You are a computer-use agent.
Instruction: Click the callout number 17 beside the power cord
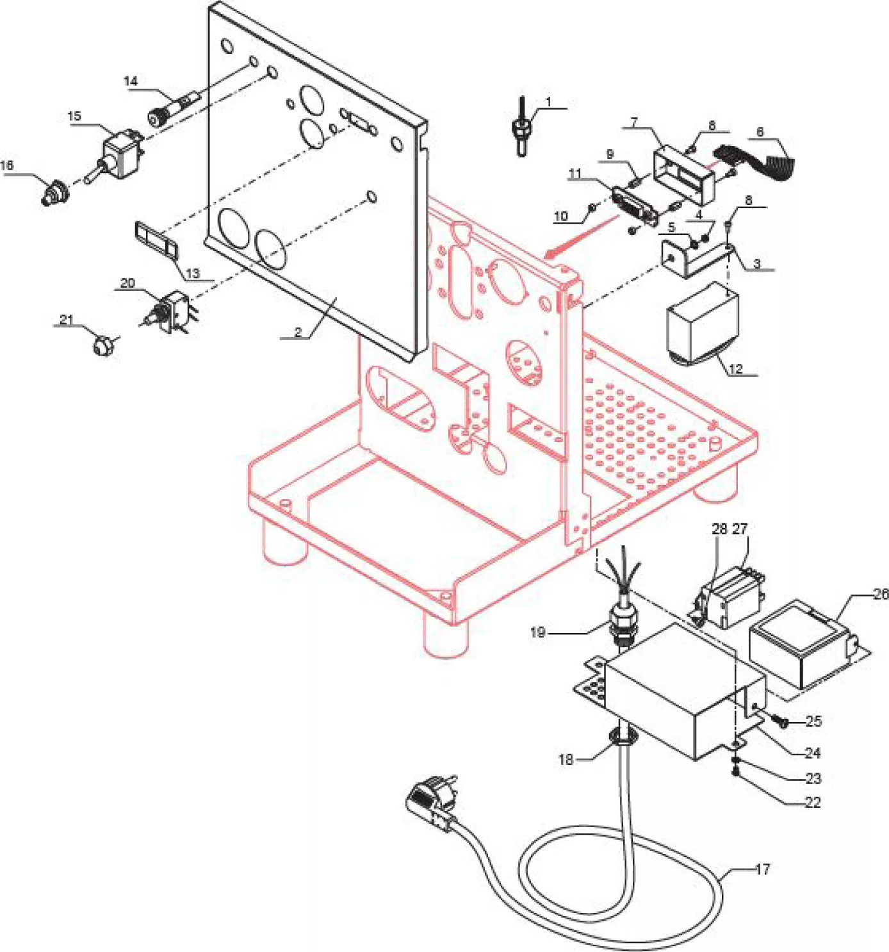(762, 869)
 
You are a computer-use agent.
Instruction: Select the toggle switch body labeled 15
(122, 154)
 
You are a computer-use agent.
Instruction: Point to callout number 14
(131, 81)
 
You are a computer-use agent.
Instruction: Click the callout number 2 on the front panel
(298, 332)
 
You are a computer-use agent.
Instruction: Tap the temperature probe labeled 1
(521, 129)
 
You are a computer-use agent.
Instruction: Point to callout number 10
(560, 216)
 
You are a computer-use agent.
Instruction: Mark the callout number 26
(881, 594)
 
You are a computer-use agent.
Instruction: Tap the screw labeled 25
(781, 721)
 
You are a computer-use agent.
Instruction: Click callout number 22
(812, 802)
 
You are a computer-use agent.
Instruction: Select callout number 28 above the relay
(719, 529)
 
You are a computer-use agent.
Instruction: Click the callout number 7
(634, 122)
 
